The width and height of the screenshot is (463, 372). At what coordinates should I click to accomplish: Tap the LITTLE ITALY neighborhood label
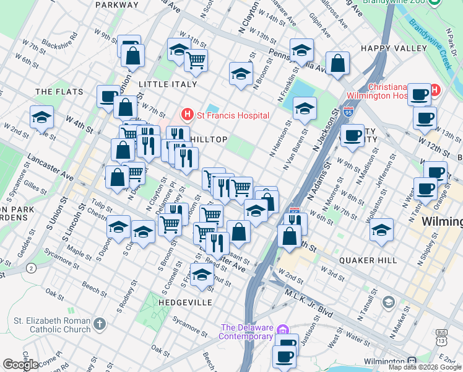click(168, 84)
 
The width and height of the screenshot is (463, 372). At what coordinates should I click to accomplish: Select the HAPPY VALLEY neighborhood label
click(394, 48)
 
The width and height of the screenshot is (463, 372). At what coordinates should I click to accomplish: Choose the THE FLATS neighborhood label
click(59, 92)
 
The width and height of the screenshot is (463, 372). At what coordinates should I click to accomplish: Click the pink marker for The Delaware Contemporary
click(283, 329)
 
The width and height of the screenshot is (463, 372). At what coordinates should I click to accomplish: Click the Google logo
click(20, 364)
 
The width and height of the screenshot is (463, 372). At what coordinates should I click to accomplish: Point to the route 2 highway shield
click(31, 268)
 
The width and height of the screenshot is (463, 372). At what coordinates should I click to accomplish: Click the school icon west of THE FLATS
click(41, 117)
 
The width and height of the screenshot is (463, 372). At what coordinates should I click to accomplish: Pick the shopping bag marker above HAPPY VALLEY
click(337, 63)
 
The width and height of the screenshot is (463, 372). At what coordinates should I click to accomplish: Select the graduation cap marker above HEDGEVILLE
click(202, 274)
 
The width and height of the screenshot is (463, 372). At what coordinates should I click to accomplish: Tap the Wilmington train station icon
click(411, 361)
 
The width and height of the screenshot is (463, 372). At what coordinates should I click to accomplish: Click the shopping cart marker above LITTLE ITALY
click(196, 61)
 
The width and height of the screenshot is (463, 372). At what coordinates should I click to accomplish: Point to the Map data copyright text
click(424, 367)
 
